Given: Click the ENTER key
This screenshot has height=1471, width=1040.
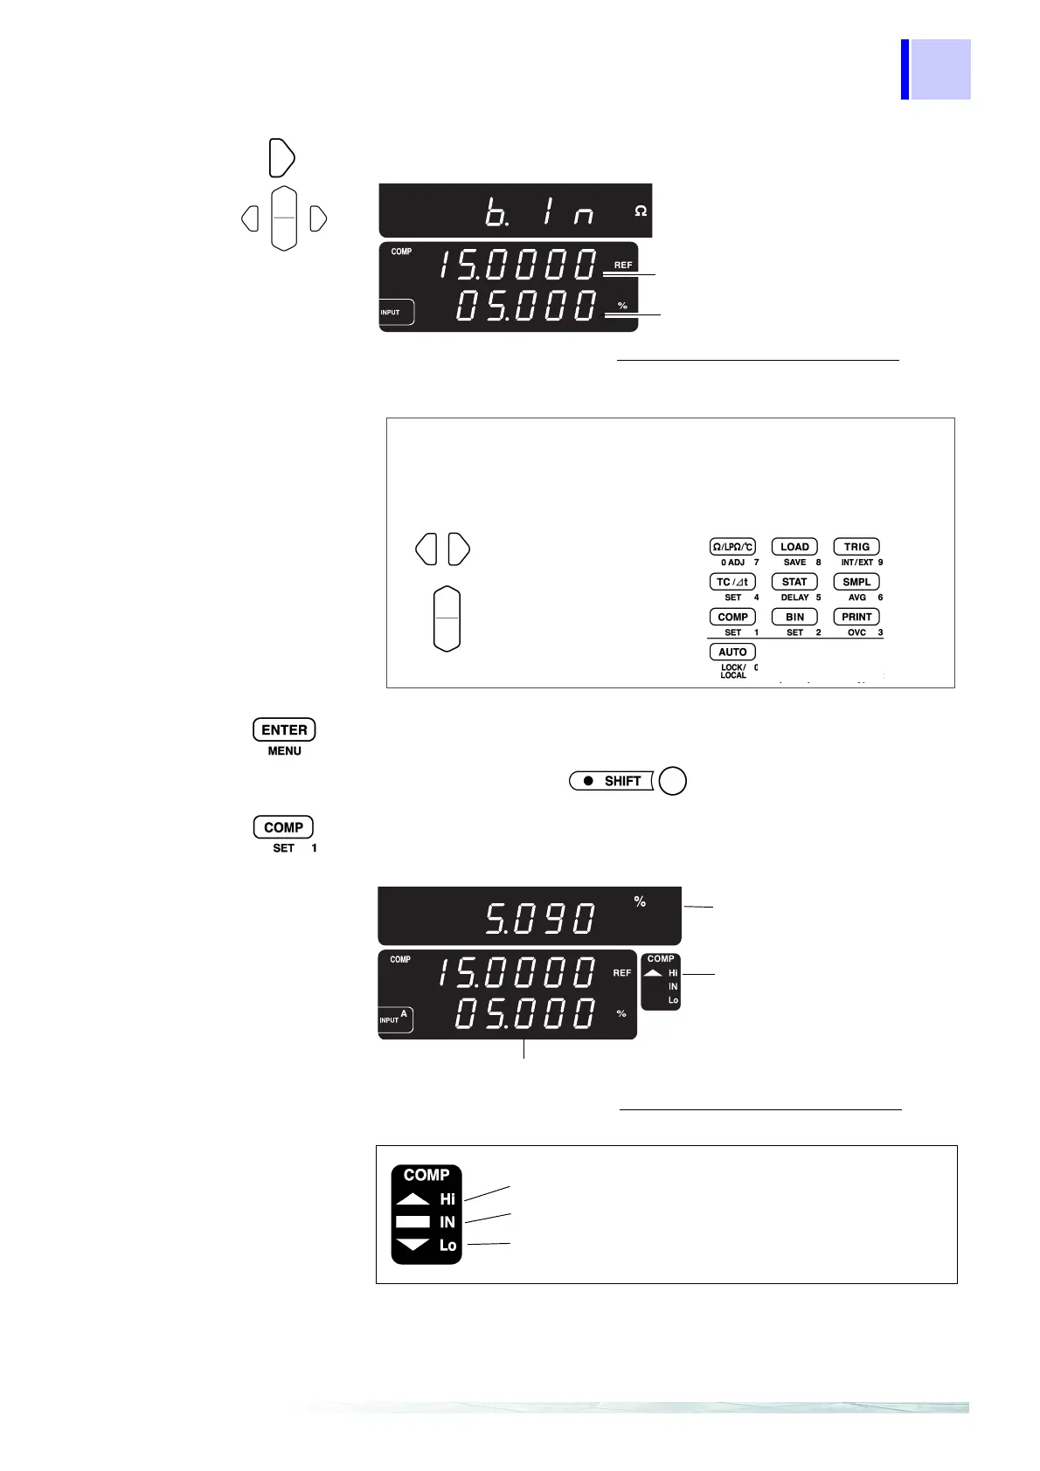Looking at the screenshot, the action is (x=284, y=729).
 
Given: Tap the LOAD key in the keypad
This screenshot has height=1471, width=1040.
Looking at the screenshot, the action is (x=794, y=547).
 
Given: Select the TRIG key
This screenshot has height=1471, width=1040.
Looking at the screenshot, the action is (x=856, y=547).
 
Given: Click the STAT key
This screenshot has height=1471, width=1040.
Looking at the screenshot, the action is (x=794, y=582).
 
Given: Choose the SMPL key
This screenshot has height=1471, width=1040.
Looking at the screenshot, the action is (x=856, y=582).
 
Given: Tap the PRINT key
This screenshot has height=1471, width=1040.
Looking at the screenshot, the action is (x=856, y=617).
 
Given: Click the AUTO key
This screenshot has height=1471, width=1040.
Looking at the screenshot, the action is (x=732, y=652).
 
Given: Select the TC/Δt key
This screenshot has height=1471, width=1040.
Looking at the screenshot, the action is (x=732, y=582).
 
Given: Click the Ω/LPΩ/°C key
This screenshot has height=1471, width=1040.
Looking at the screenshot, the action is (x=732, y=547).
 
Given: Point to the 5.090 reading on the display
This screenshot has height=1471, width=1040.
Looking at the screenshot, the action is (x=541, y=918).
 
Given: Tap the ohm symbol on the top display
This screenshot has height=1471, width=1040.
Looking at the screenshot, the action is (x=641, y=211).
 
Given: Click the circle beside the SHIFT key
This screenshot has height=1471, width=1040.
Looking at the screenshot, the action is (x=672, y=781).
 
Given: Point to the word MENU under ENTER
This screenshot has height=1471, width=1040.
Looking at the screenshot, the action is (x=284, y=751).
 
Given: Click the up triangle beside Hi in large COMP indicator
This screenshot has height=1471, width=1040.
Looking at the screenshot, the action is (x=413, y=1199).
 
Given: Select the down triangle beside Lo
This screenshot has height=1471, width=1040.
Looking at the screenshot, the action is (x=413, y=1245).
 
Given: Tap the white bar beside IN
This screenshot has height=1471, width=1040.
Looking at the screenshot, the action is (x=413, y=1222).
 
